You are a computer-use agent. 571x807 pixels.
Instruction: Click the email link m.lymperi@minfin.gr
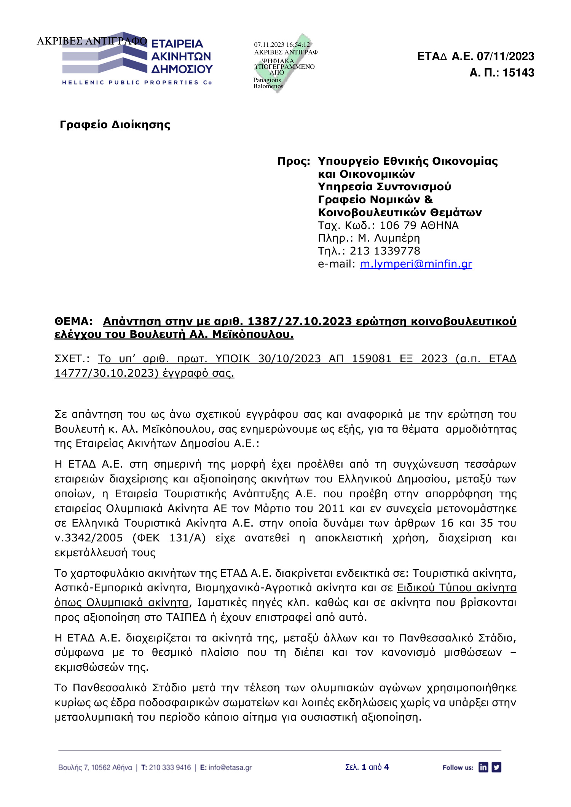click(416, 264)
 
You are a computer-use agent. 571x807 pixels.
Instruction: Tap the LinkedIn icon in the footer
click(483, 767)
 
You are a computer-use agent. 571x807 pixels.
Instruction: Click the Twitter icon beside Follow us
click(496, 767)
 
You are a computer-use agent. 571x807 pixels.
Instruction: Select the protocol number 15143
click(518, 73)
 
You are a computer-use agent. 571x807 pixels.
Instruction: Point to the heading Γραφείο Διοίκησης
click(115, 125)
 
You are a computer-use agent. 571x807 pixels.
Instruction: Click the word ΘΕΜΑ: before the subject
click(73, 322)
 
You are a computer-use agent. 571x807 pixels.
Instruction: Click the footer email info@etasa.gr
click(230, 767)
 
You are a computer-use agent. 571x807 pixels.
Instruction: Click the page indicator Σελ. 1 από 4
click(367, 767)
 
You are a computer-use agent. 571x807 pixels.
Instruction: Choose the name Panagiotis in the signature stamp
click(267, 80)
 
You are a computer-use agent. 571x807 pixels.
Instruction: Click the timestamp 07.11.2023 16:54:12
click(282, 45)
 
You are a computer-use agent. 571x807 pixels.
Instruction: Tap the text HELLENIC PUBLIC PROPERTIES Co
click(137, 83)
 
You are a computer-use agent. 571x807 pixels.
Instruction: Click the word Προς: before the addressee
click(293, 161)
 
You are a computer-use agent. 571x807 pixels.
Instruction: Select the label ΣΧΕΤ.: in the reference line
click(72, 359)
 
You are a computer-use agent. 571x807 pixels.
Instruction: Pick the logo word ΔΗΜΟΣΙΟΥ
click(182, 69)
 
